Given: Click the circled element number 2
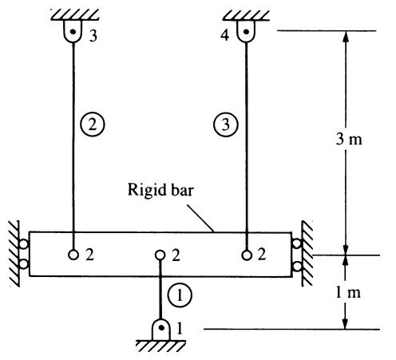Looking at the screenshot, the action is [93, 125].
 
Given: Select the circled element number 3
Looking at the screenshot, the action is [226, 125].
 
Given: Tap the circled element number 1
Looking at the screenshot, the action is [180, 295].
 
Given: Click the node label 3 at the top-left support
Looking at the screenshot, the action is [93, 36].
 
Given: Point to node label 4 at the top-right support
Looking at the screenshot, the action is [224, 35].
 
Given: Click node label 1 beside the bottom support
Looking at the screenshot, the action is [180, 328].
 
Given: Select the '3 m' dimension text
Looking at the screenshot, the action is [349, 139].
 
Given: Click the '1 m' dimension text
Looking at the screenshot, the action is [348, 292].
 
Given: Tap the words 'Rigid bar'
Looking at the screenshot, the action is [160, 190].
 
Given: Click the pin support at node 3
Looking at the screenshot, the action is [73, 31].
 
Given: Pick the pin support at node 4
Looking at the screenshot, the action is [246, 31].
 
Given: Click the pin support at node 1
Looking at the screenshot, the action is [160, 330].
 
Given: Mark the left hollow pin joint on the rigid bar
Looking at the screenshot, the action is [73, 255].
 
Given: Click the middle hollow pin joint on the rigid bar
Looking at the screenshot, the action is [160, 255].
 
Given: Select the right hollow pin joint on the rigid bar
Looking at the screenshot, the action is [247, 255].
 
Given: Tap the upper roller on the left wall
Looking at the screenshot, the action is [24, 244].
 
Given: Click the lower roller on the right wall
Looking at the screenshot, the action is [297, 266].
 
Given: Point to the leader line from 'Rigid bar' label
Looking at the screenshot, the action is [200, 218].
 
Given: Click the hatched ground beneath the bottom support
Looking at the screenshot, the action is [160, 346].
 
